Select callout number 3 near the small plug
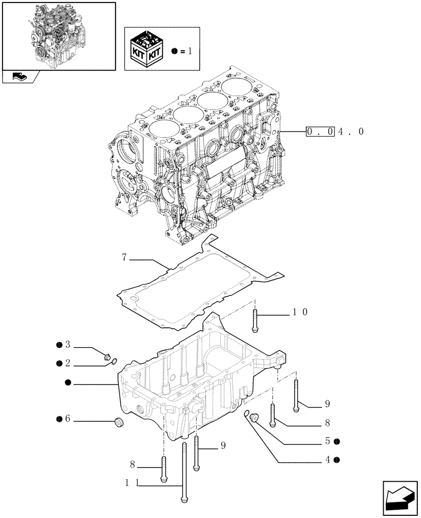tap(67, 345)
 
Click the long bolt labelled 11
tap(184, 471)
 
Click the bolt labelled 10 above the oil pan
tap(255, 321)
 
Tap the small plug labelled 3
tap(108, 356)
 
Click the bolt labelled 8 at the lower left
tap(164, 469)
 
